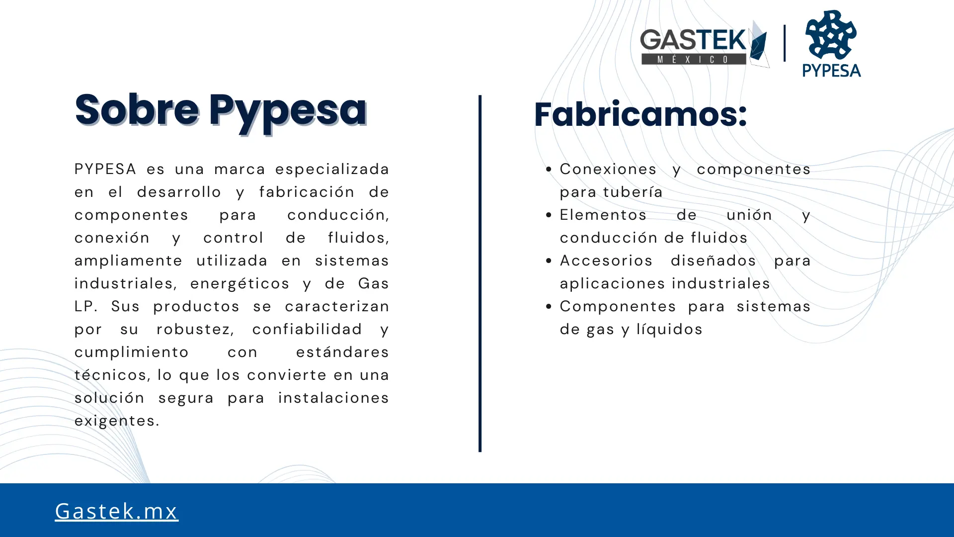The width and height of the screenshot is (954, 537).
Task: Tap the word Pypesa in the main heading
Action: pyautogui.click(x=288, y=113)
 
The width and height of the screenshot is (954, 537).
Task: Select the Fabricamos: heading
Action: pyautogui.click(x=640, y=114)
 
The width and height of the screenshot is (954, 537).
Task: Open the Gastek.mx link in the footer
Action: pyautogui.click(x=116, y=511)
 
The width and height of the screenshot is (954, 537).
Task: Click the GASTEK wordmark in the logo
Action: pyautogui.click(x=693, y=40)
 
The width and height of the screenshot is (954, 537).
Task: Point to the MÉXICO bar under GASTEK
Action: pyautogui.click(x=694, y=59)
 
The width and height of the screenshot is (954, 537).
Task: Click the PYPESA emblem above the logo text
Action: pyautogui.click(x=831, y=34)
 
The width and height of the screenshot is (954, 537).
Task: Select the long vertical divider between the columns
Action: pyautogui.click(x=480, y=273)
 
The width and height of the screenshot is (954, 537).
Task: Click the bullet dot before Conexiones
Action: pyautogui.click(x=549, y=170)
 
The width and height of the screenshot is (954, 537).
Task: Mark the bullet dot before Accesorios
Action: pyautogui.click(x=549, y=261)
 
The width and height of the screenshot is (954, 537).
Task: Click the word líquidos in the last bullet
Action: pyautogui.click(x=669, y=329)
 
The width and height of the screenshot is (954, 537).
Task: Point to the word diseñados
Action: pyautogui.click(x=713, y=261)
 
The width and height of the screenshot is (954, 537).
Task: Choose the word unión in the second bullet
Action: pyautogui.click(x=749, y=215)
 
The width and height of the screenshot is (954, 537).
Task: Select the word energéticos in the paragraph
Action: pyautogui.click(x=239, y=283)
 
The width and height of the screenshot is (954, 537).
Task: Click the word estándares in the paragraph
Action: pyautogui.click(x=342, y=352)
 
